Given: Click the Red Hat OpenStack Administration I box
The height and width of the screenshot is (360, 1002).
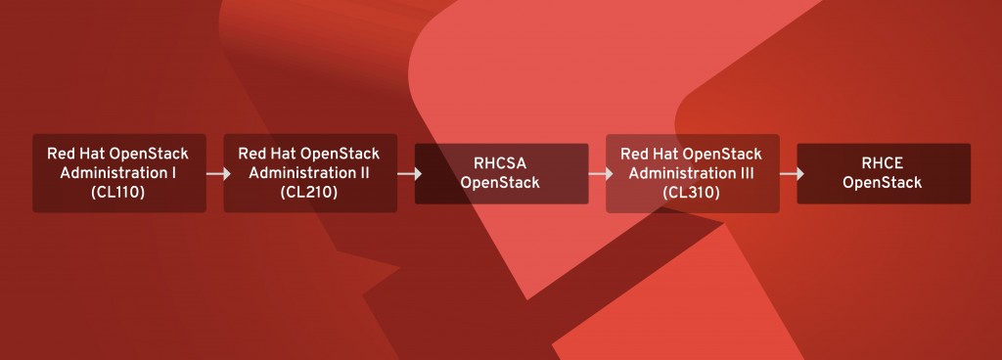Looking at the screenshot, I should (x=119, y=173).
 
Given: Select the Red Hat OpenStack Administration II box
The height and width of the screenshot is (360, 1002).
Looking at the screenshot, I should (x=310, y=173).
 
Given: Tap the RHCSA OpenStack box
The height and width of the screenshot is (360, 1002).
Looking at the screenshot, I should (x=501, y=174).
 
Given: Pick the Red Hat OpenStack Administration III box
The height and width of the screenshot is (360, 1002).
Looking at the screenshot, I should (x=692, y=173).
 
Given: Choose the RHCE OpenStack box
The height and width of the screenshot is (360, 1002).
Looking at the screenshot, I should (x=883, y=174).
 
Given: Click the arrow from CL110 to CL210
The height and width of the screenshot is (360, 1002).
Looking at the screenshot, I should (x=217, y=174).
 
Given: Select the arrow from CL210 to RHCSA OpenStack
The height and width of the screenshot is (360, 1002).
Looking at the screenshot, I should (x=408, y=174).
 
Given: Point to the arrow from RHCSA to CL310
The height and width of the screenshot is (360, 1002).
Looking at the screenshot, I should (x=599, y=174).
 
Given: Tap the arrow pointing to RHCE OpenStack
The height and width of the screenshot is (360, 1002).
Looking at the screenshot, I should (x=791, y=174).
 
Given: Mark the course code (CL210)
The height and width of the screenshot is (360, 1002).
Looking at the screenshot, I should (x=309, y=193).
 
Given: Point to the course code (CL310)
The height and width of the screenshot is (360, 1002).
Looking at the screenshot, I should (x=691, y=193).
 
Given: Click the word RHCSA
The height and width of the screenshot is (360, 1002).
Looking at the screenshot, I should (x=501, y=164).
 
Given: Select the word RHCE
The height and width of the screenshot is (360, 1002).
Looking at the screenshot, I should (x=883, y=164).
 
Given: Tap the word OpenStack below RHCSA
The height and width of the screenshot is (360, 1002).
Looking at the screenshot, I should (x=501, y=183).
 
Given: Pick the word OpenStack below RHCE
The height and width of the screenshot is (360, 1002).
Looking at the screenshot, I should (x=883, y=183).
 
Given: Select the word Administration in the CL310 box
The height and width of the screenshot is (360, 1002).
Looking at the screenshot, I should (x=683, y=173).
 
